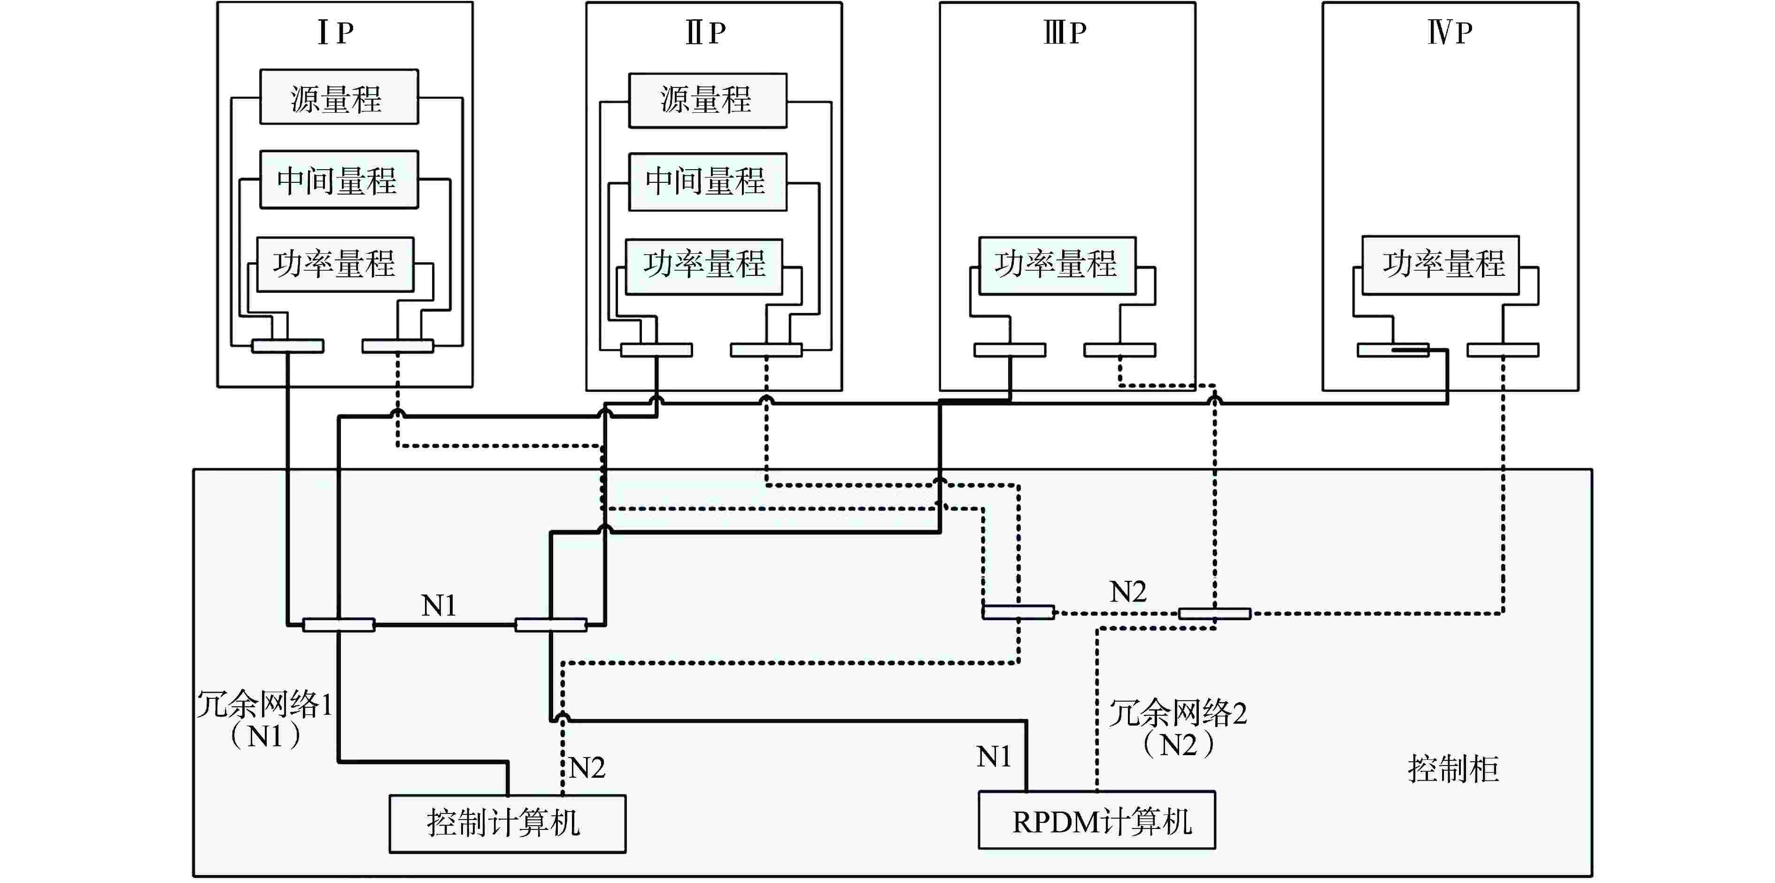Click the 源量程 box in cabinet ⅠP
338,97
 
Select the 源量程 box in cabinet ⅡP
707,101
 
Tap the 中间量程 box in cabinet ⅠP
338,180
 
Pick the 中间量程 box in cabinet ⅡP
707,182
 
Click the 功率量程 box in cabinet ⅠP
335,264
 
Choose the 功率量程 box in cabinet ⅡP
703,266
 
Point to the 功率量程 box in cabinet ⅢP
1057,266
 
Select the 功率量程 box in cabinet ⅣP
1440,266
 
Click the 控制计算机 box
507,824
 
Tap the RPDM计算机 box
1096,820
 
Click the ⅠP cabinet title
336,32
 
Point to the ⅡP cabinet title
706,32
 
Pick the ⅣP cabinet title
1449,32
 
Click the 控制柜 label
1452,769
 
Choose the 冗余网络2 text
1178,713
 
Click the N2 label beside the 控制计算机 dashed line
587,768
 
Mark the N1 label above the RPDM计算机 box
993,757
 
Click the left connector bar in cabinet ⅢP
1010,350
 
